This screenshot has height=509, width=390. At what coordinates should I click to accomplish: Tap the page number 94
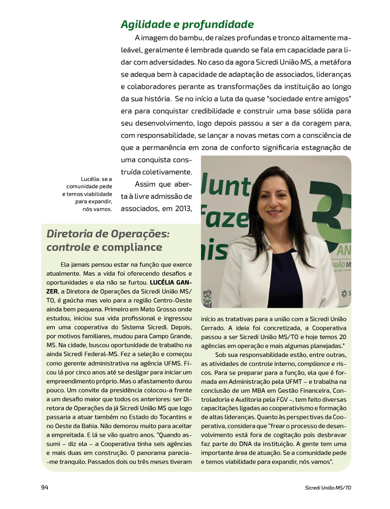click(45, 487)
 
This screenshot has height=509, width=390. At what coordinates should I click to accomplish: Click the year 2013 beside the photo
click(183, 209)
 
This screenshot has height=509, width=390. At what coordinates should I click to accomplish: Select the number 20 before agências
click(342, 337)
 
